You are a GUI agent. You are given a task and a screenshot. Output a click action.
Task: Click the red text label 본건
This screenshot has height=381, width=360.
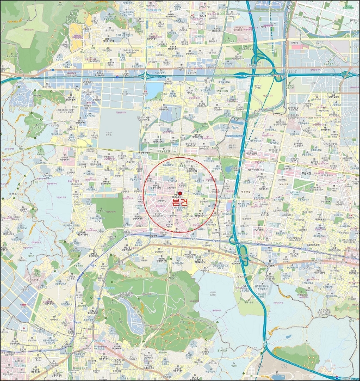pyautogui.click(x=180, y=202)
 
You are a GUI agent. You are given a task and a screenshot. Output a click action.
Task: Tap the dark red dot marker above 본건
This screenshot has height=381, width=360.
pyautogui.click(x=180, y=193)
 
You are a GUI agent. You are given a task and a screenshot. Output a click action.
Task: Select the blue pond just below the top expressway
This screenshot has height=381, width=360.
pyautogui.click(x=154, y=89)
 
